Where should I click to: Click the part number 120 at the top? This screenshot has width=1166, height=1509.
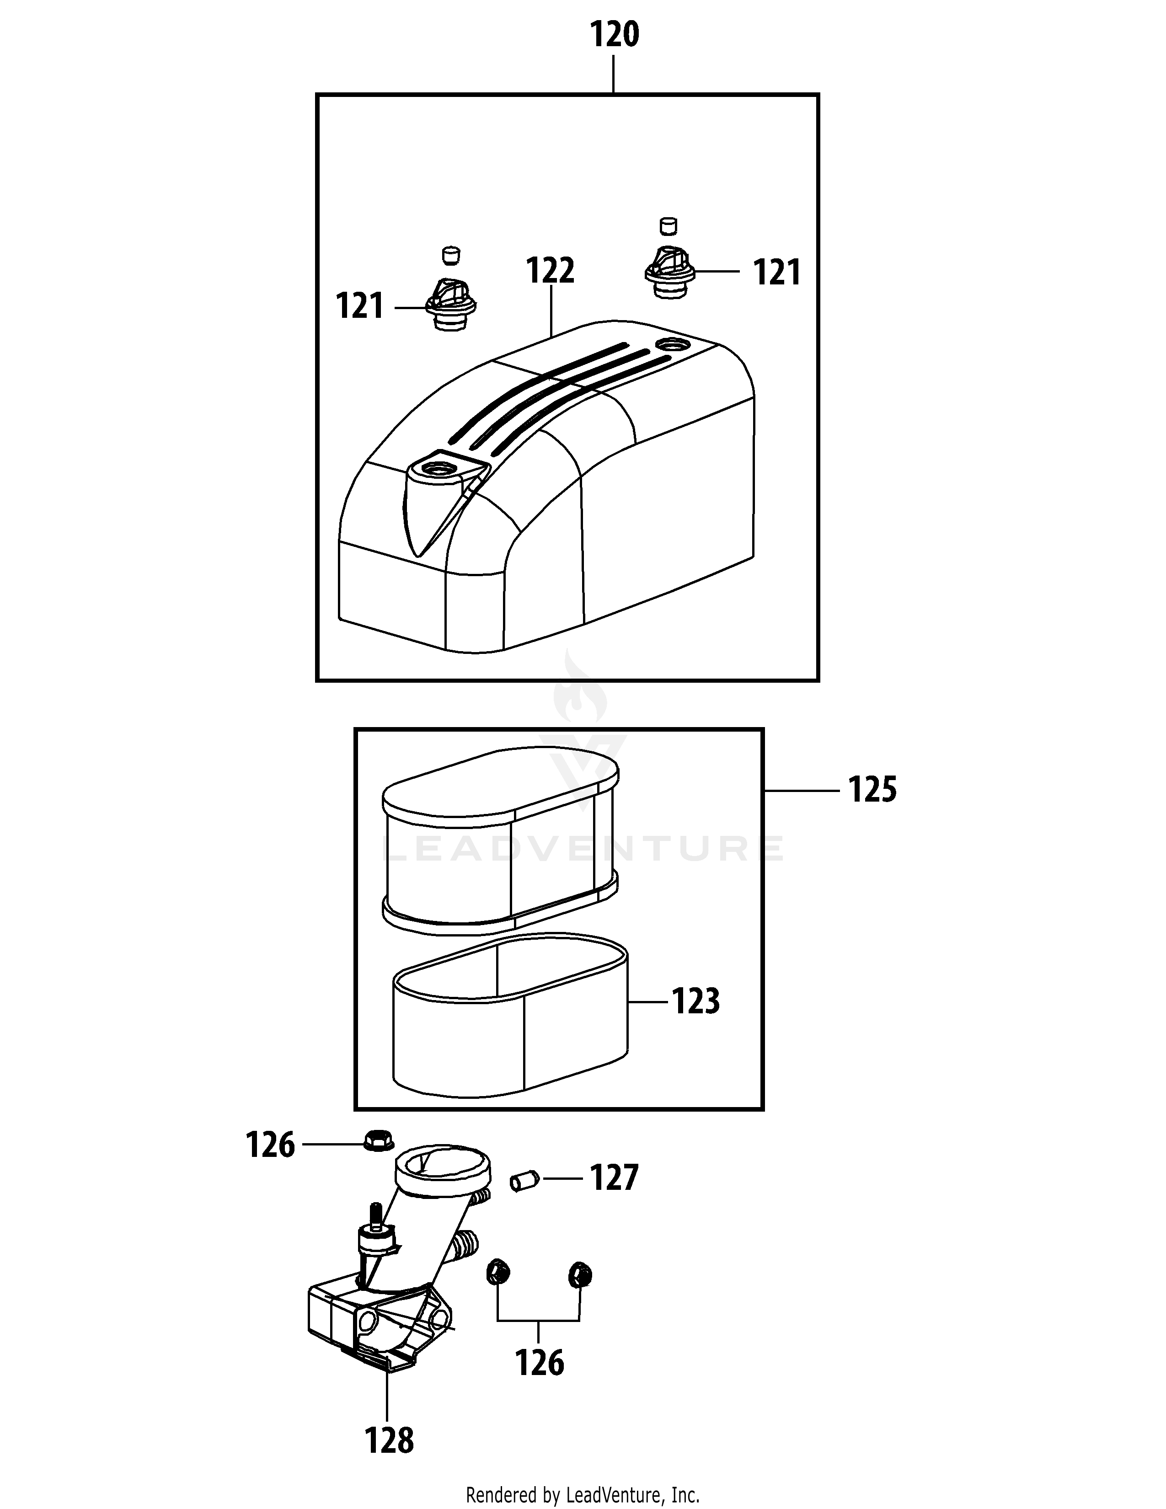click(x=614, y=35)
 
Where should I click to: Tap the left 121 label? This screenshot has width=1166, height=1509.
click(x=359, y=306)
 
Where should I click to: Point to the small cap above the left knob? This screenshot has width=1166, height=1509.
click(x=450, y=254)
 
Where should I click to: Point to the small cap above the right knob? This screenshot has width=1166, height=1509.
click(x=668, y=225)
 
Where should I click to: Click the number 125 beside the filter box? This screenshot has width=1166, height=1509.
click(x=872, y=790)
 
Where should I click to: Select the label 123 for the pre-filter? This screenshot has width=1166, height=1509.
click(x=695, y=1001)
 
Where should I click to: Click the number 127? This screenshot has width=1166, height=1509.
click(x=613, y=1178)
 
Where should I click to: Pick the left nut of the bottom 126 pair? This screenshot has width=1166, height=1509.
click(x=497, y=1272)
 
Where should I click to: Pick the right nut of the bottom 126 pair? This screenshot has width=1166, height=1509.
click(x=579, y=1274)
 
